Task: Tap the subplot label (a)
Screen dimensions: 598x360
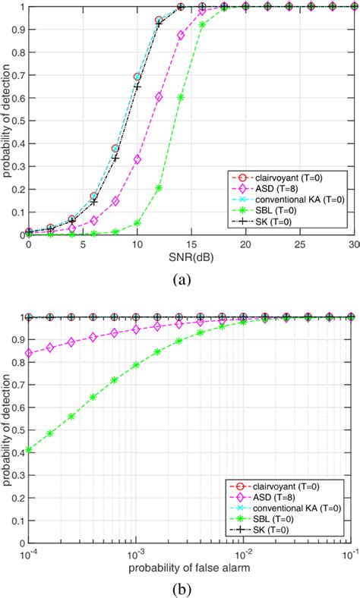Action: pos(181,279)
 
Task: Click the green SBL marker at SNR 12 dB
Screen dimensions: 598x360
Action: pos(159,187)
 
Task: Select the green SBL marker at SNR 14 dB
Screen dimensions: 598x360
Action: pos(181,97)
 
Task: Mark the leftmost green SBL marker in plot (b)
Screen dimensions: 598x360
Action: pos(29,450)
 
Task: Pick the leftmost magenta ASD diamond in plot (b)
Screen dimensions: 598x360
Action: pos(29,353)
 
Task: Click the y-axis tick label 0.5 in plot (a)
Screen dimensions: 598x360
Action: pos(15,121)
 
